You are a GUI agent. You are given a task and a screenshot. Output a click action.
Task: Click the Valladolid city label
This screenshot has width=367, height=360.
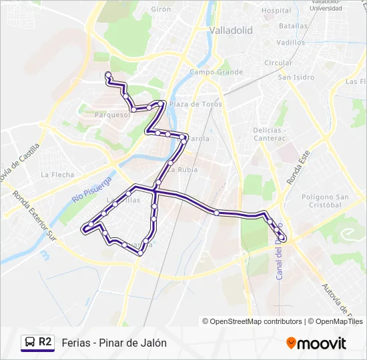tap(230, 31)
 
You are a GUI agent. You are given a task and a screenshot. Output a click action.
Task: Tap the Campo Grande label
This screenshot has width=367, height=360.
tap(216, 72)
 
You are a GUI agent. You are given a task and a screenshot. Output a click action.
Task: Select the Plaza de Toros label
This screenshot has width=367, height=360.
tap(195, 105)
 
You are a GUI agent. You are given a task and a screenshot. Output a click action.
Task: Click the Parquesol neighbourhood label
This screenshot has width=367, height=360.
tap(112, 115)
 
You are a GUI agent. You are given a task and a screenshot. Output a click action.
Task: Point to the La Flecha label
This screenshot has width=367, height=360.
tap(57, 175)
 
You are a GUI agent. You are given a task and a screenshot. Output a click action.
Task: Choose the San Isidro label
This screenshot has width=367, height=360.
tap(296, 77)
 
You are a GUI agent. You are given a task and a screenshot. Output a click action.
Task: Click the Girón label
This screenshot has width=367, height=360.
tap(161, 9)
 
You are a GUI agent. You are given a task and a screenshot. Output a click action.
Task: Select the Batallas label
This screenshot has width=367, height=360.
tap(294, 26)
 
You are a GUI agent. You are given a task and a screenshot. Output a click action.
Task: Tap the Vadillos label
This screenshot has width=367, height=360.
tap(290, 42)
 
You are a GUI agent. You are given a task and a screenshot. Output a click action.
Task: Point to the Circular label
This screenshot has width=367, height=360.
tap(278, 63)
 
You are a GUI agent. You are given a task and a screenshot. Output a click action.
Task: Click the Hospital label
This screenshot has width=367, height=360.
tap(276, 11)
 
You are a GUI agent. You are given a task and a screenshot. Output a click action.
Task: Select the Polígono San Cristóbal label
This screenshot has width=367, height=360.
tap(325, 201)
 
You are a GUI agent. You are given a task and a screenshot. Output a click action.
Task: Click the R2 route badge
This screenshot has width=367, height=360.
tap(37, 342)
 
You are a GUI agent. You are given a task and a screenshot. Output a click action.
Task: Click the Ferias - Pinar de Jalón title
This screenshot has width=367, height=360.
tap(114, 343)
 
